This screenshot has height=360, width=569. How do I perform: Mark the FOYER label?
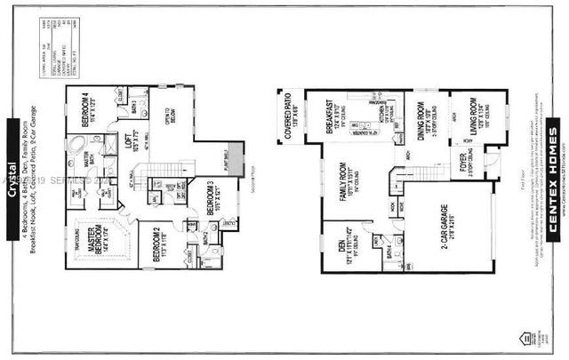pos(463,164)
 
